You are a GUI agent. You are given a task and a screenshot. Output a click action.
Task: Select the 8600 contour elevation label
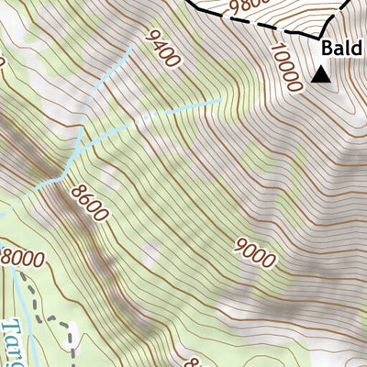(88, 204)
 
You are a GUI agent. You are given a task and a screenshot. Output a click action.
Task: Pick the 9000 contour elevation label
(254, 250)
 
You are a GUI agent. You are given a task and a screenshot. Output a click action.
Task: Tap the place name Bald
(342, 49)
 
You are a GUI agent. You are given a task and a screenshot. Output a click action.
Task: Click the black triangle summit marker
(320, 75)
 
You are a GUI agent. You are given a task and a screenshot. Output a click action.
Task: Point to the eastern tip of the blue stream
(221, 99)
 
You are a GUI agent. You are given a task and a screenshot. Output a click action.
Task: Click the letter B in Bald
(328, 49)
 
